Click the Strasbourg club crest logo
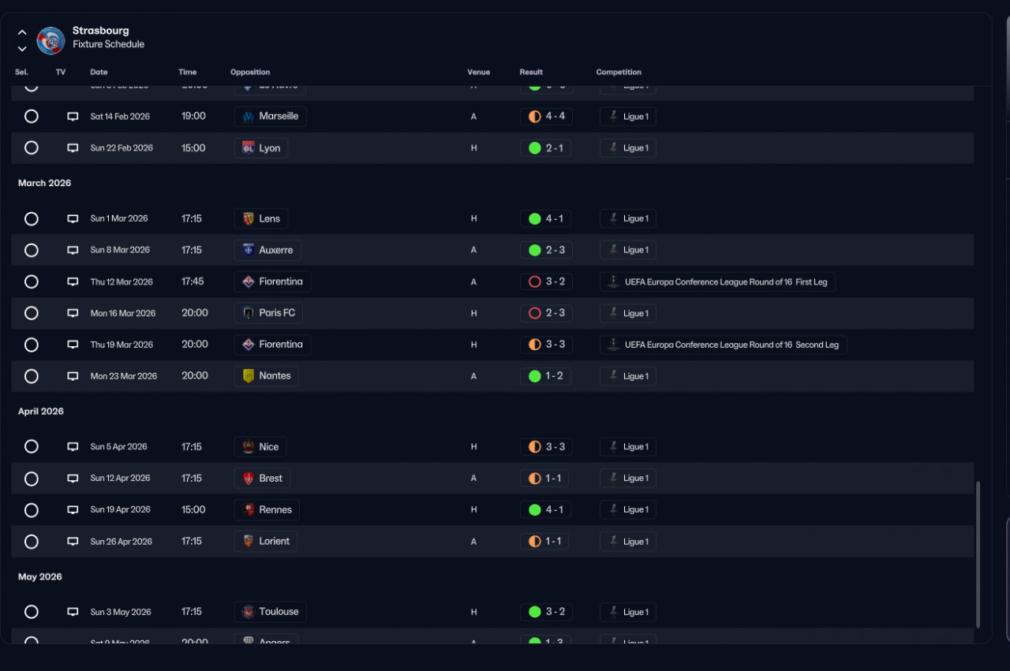51,40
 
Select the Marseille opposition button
270,117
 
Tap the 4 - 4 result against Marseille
546,117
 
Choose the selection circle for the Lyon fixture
32,148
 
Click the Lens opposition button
260,219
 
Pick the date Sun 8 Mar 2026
120,250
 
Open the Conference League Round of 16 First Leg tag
717,282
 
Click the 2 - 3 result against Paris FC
546,313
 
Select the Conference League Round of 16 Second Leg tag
723,345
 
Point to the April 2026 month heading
41,412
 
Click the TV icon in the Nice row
73,447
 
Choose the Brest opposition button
262,479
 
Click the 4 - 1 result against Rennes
546,510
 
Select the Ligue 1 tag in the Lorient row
627,542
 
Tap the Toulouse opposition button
270,612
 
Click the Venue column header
478,73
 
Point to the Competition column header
619,73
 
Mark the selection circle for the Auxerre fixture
32,250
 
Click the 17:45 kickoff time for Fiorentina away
193,281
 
